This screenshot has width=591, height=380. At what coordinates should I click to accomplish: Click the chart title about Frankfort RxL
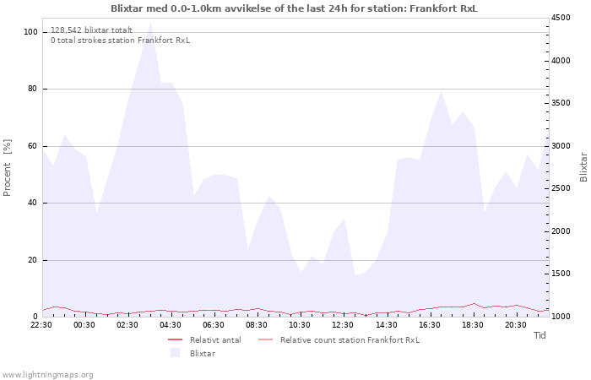coord(294,8)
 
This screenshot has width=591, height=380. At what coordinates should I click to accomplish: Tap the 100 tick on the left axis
coord(30,32)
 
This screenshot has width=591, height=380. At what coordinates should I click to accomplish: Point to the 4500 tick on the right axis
coord(561,18)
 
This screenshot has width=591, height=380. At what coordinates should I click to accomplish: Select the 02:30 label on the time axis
coord(127,325)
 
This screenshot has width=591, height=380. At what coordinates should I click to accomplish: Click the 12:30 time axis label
coord(343,325)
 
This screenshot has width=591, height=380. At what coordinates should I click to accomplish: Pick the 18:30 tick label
coord(473,325)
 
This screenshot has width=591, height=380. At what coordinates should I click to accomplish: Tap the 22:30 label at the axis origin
coord(41,325)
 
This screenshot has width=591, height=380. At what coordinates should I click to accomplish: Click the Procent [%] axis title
coord(7,168)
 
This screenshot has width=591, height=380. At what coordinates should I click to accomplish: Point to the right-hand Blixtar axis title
coord(583,167)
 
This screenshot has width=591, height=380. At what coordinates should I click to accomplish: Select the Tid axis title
coord(539,335)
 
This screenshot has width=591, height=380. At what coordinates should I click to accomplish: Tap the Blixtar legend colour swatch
coord(176,353)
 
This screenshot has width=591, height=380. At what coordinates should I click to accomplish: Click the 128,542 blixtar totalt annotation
coord(91,30)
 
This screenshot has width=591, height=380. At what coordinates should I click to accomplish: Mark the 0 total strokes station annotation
coord(120,41)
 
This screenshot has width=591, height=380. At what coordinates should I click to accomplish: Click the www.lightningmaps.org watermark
coord(47,375)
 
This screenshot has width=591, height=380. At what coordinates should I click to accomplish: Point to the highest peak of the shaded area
coord(151,22)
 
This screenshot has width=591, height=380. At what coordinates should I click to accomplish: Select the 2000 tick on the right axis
coord(561,231)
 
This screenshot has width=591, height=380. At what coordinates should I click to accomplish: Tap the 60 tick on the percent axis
coord(32,146)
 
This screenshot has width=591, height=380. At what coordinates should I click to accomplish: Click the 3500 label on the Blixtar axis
coord(561,103)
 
